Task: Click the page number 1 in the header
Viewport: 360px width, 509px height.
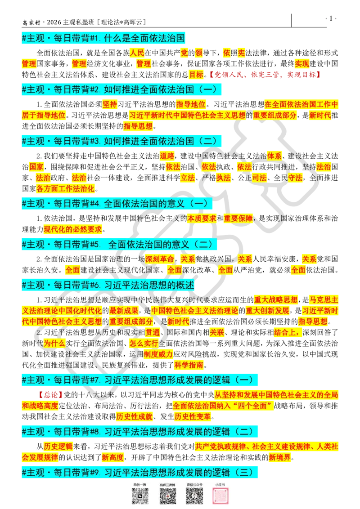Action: click(x=331, y=18)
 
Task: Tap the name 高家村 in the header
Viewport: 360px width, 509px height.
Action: click(x=31, y=22)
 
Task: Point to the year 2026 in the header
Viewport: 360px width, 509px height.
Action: click(x=54, y=22)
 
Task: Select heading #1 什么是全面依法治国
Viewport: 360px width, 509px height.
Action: click(x=103, y=38)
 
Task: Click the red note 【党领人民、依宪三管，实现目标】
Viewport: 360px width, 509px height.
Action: click(x=265, y=75)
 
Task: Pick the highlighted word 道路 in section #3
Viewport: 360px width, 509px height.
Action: click(x=167, y=156)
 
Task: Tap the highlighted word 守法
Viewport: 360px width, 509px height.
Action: click(x=295, y=178)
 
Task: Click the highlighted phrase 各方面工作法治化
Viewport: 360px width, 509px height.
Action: click(x=66, y=188)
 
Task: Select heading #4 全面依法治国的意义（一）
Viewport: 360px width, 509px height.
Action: click(x=117, y=204)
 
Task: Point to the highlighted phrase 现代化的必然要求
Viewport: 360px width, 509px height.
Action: click(x=73, y=229)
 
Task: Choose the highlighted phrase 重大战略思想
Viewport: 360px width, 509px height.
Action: click(x=276, y=300)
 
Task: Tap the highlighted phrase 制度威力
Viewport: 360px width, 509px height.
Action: click(x=158, y=354)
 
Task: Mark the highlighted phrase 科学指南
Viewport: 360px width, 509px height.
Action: click(x=189, y=365)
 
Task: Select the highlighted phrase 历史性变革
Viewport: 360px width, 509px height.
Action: click(x=193, y=416)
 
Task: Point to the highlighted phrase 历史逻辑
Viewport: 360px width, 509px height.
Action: click(x=58, y=446)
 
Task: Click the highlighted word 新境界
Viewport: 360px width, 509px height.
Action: click(x=280, y=457)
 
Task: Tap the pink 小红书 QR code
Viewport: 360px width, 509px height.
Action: click(x=220, y=496)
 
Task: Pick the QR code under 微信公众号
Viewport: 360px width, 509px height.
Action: click(x=194, y=496)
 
